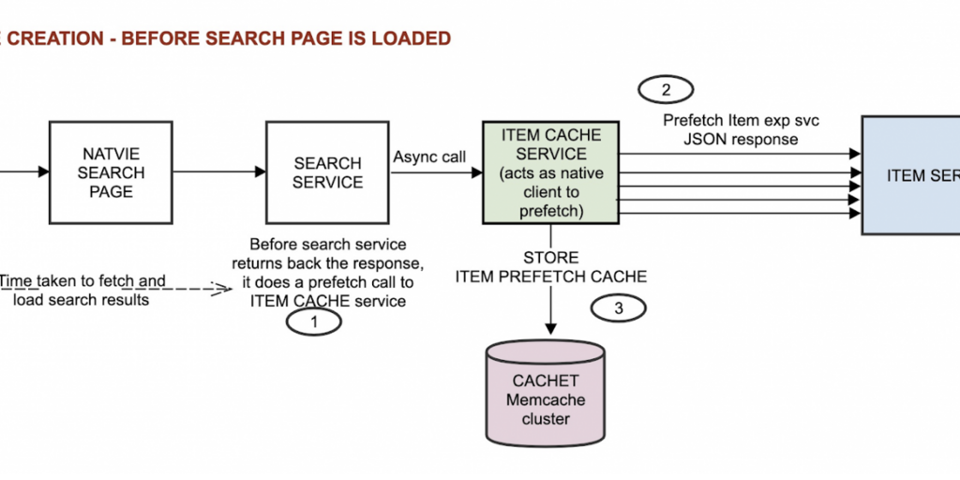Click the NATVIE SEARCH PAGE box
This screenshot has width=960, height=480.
point(111,172)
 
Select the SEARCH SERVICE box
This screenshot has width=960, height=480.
point(327,172)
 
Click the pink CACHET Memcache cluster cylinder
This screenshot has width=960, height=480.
point(545,395)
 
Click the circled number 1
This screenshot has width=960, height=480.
point(313,322)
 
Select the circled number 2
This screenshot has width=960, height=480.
point(666,90)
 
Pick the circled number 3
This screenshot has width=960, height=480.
point(619,307)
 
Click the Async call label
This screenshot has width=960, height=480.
point(429,157)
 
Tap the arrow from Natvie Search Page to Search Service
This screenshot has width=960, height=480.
point(218,172)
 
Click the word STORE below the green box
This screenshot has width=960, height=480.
point(550,257)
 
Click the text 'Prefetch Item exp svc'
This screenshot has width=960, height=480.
point(737,120)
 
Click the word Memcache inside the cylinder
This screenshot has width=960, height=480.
point(546,400)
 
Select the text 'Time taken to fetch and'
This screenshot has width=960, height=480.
point(82,280)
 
